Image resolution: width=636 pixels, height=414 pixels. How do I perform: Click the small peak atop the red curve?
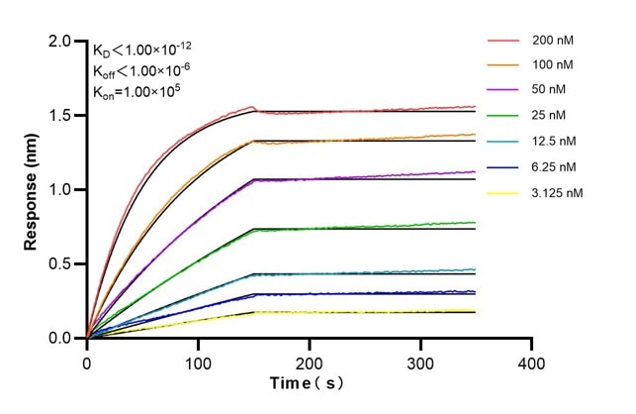(253, 107)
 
